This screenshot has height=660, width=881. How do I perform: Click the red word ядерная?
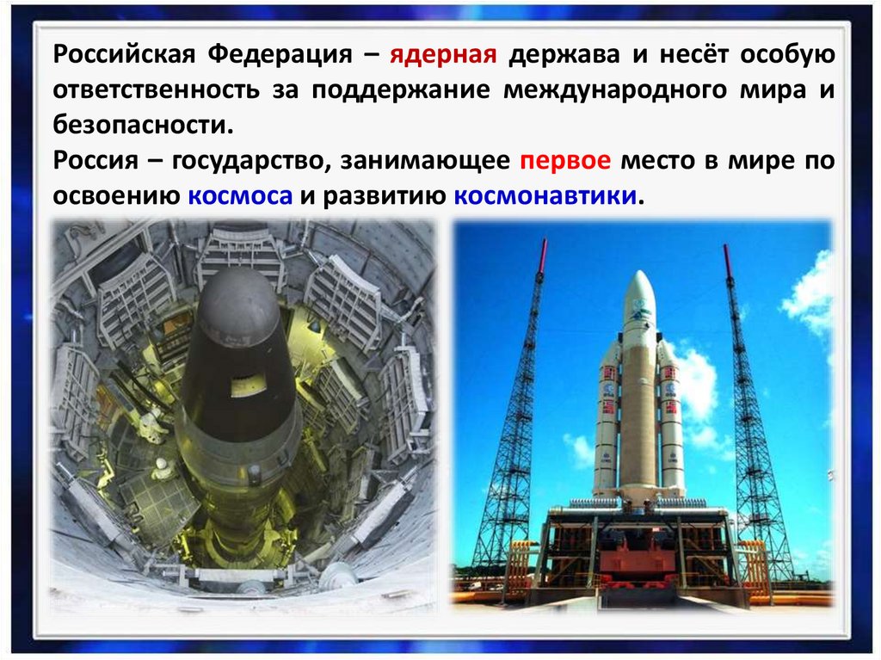pyautogui.click(x=443, y=55)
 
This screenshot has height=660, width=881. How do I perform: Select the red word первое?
pyautogui.click(x=565, y=161)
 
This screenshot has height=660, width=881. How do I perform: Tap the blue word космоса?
pyautogui.click(x=241, y=195)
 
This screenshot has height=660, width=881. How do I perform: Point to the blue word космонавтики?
pyautogui.click(x=545, y=195)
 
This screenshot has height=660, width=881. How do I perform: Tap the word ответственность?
pyautogui.click(x=157, y=90)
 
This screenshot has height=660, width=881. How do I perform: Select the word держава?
pyautogui.click(x=564, y=55)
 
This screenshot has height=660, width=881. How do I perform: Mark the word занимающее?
pyautogui.click(x=425, y=162)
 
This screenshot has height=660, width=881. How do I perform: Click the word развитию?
pyautogui.click(x=385, y=195)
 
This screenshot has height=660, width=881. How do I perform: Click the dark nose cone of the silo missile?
pyautogui.click(x=239, y=306)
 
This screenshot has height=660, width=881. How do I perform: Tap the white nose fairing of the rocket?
pyautogui.click(x=639, y=304)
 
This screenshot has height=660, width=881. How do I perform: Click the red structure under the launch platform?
pyautogui.click(x=640, y=557)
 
